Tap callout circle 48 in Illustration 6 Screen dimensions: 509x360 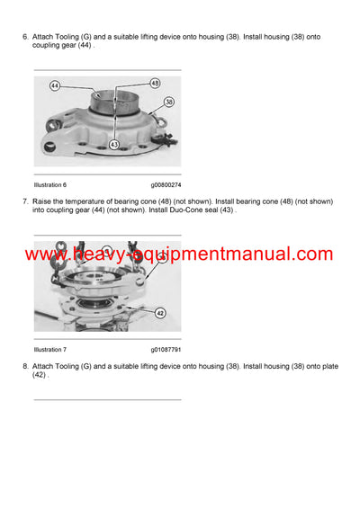154,83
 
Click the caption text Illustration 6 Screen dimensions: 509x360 52,184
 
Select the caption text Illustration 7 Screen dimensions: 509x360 52,349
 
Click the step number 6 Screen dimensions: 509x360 24,36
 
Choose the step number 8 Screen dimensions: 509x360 24,365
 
